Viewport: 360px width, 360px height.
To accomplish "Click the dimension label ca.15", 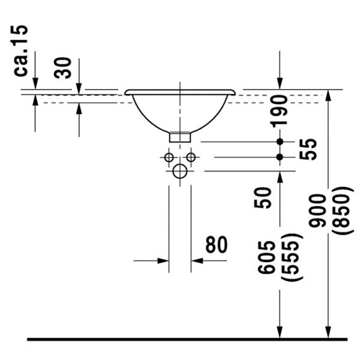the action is [x=20, y=51].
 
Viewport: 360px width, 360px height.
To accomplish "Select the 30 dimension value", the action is [x=62, y=68].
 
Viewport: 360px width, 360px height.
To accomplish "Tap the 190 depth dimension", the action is [x=279, y=112].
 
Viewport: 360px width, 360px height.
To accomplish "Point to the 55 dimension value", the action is [x=308, y=149].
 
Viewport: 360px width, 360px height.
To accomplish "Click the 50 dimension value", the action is [x=263, y=197].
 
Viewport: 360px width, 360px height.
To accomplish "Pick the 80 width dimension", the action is [x=217, y=244].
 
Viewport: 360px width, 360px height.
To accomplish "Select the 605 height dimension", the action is [x=266, y=257].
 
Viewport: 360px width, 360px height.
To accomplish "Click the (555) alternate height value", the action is [x=292, y=257].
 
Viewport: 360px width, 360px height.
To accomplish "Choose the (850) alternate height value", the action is [x=342, y=211].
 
